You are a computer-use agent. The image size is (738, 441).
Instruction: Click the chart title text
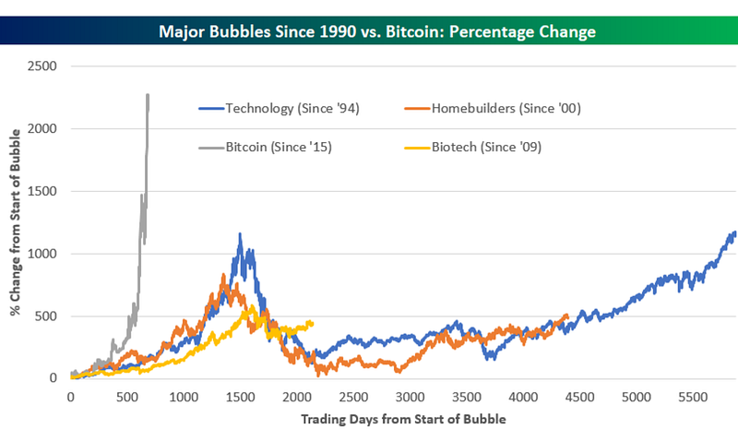[x=369, y=31]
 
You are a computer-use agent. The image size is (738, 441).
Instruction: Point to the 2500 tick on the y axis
[x=42, y=66]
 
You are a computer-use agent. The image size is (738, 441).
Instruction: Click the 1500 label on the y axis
[x=42, y=191]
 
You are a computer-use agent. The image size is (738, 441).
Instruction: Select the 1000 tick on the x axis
[x=184, y=396]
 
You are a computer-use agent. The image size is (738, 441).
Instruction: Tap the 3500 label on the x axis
[x=466, y=396]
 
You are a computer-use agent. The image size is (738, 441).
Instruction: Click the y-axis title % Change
[x=16, y=221]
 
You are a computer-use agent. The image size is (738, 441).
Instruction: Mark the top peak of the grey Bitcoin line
[x=148, y=94]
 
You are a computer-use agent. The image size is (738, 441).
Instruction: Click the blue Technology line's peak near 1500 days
[x=240, y=234]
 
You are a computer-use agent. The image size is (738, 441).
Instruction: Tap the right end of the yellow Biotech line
[x=313, y=322]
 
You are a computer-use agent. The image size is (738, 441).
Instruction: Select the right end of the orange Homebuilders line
[x=566, y=316]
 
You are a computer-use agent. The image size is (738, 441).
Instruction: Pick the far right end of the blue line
[x=734, y=232]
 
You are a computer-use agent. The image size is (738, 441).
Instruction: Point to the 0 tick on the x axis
[x=70, y=396]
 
